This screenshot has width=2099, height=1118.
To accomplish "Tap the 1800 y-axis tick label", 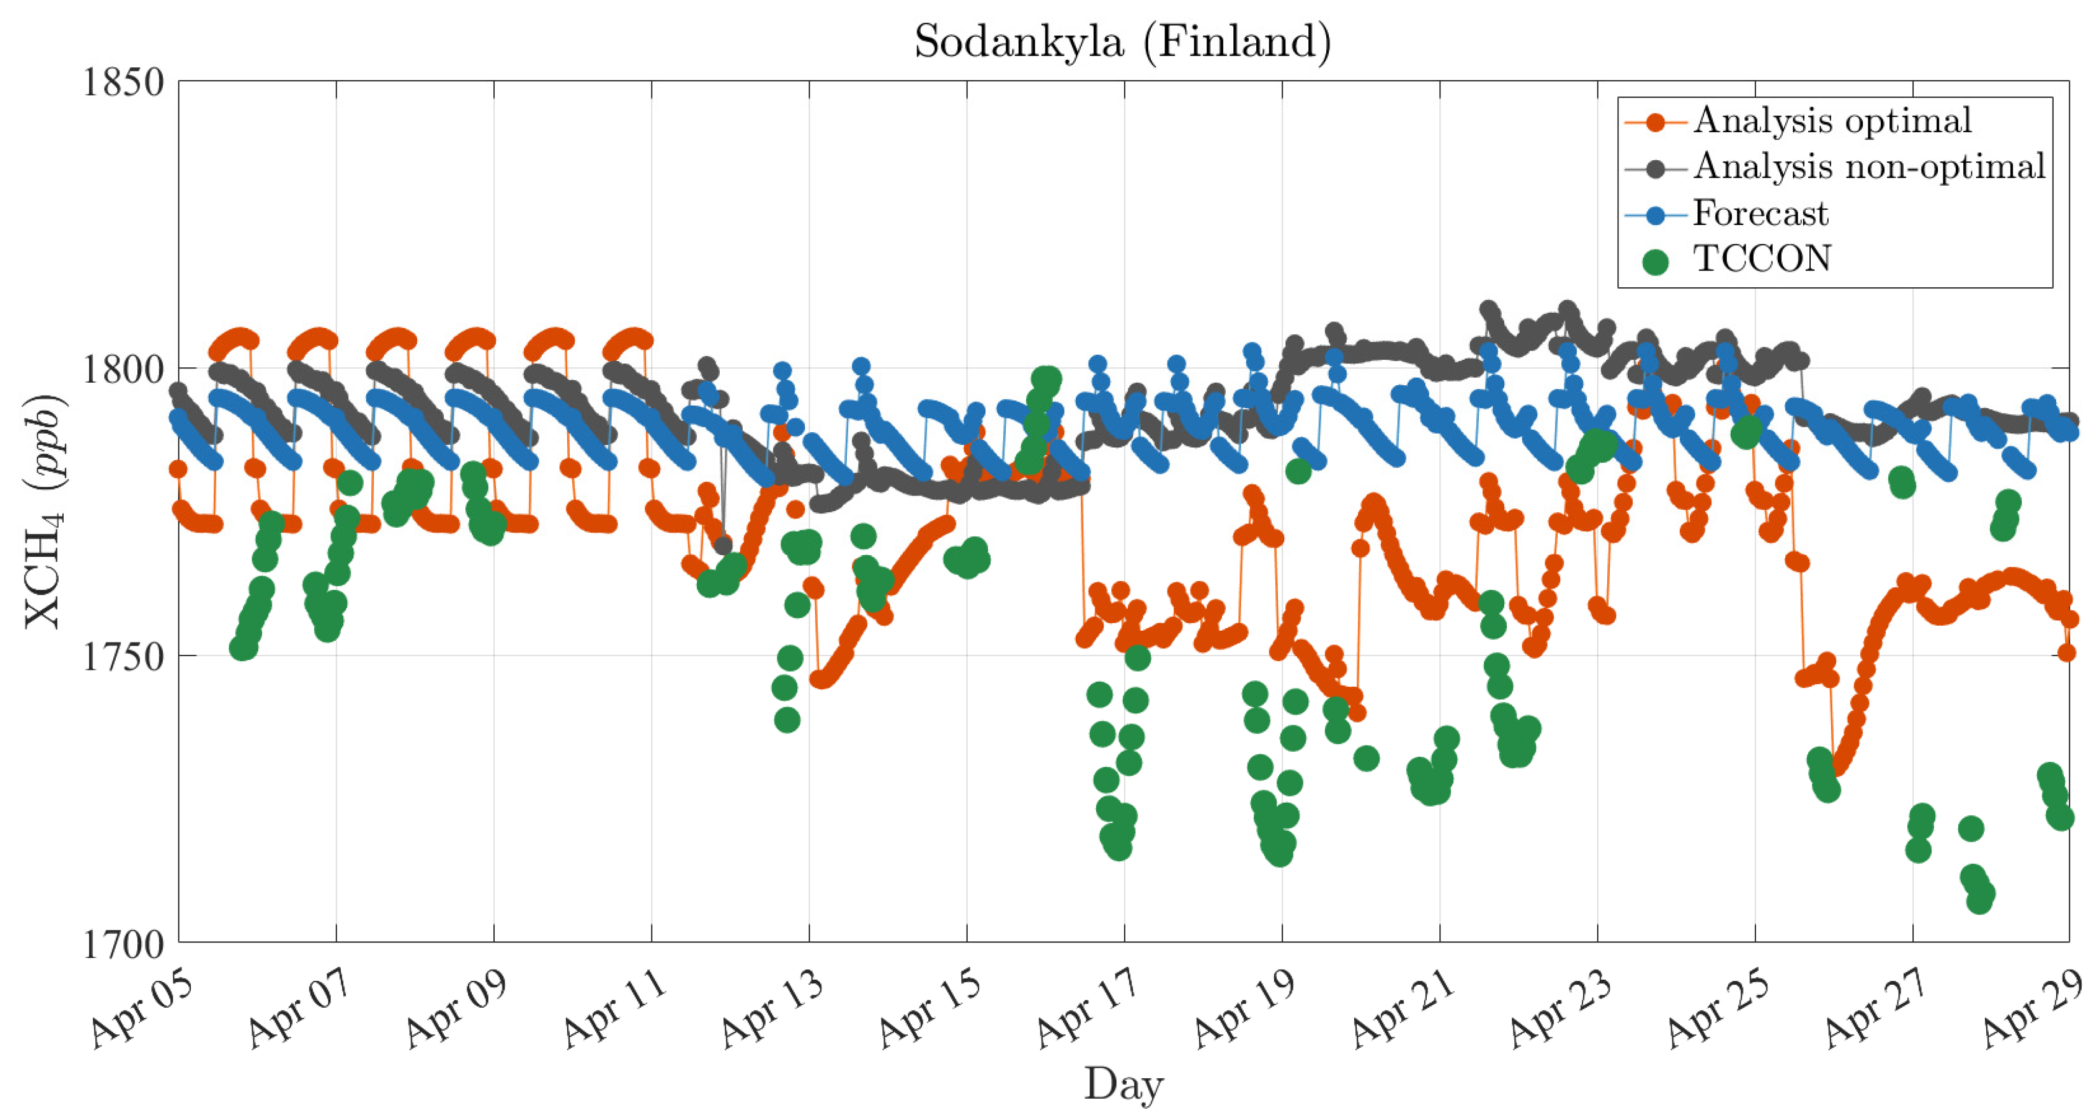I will point(123,369).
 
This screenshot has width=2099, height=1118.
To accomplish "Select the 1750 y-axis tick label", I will point(123,656).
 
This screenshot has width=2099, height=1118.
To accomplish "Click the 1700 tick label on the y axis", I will point(123,943).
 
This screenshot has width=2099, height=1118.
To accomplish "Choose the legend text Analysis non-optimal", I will point(1869,167).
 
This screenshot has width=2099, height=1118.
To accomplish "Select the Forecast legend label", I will point(1760,213).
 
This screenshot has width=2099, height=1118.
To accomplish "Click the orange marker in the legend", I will point(1655,122).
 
